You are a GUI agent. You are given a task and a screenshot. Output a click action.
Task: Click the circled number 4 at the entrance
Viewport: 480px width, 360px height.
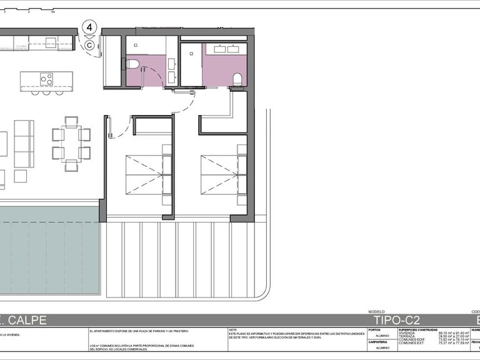(x=90, y=27)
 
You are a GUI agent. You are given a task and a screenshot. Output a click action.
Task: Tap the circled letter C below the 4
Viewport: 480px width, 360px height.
(x=90, y=44)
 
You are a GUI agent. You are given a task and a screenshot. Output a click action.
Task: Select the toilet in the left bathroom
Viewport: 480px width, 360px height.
(x=132, y=64)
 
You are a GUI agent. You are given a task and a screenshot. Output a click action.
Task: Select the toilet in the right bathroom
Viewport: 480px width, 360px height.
(x=237, y=79)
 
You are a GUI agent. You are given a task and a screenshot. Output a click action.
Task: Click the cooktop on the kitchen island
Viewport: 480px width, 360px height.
(x=46, y=79)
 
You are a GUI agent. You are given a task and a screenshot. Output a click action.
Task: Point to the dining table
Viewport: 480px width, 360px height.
(x=71, y=144)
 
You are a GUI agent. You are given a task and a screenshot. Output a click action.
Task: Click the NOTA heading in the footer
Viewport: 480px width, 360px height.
(x=233, y=330)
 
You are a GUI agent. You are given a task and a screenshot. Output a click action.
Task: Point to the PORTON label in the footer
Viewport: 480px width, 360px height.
(x=374, y=330)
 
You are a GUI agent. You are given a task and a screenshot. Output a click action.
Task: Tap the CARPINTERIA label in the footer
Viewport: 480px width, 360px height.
(x=377, y=342)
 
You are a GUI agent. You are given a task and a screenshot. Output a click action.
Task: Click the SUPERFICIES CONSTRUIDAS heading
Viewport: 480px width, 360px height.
(x=418, y=329)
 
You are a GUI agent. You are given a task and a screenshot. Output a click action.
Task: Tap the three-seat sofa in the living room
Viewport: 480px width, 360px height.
(x=24, y=143)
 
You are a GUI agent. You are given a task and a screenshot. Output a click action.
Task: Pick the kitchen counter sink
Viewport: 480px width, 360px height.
(x=50, y=42)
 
